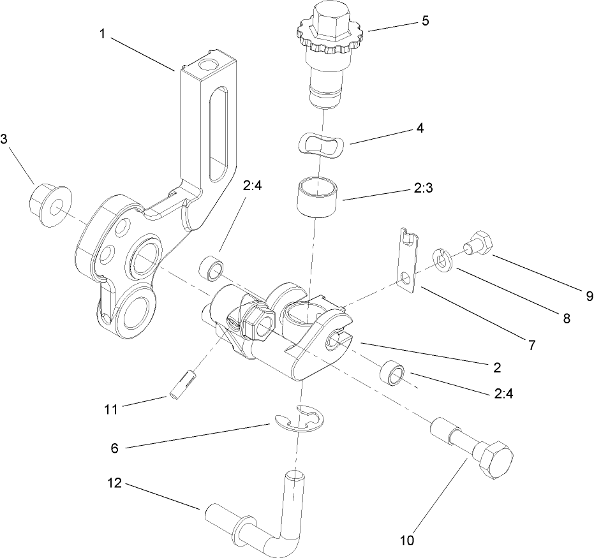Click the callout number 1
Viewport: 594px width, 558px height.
pyautogui.click(x=102, y=34)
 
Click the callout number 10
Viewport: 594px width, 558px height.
pyautogui.click(x=407, y=541)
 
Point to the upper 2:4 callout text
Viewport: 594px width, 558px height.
pyautogui.click(x=251, y=186)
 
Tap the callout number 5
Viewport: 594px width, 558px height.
pyautogui.click(x=425, y=20)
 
